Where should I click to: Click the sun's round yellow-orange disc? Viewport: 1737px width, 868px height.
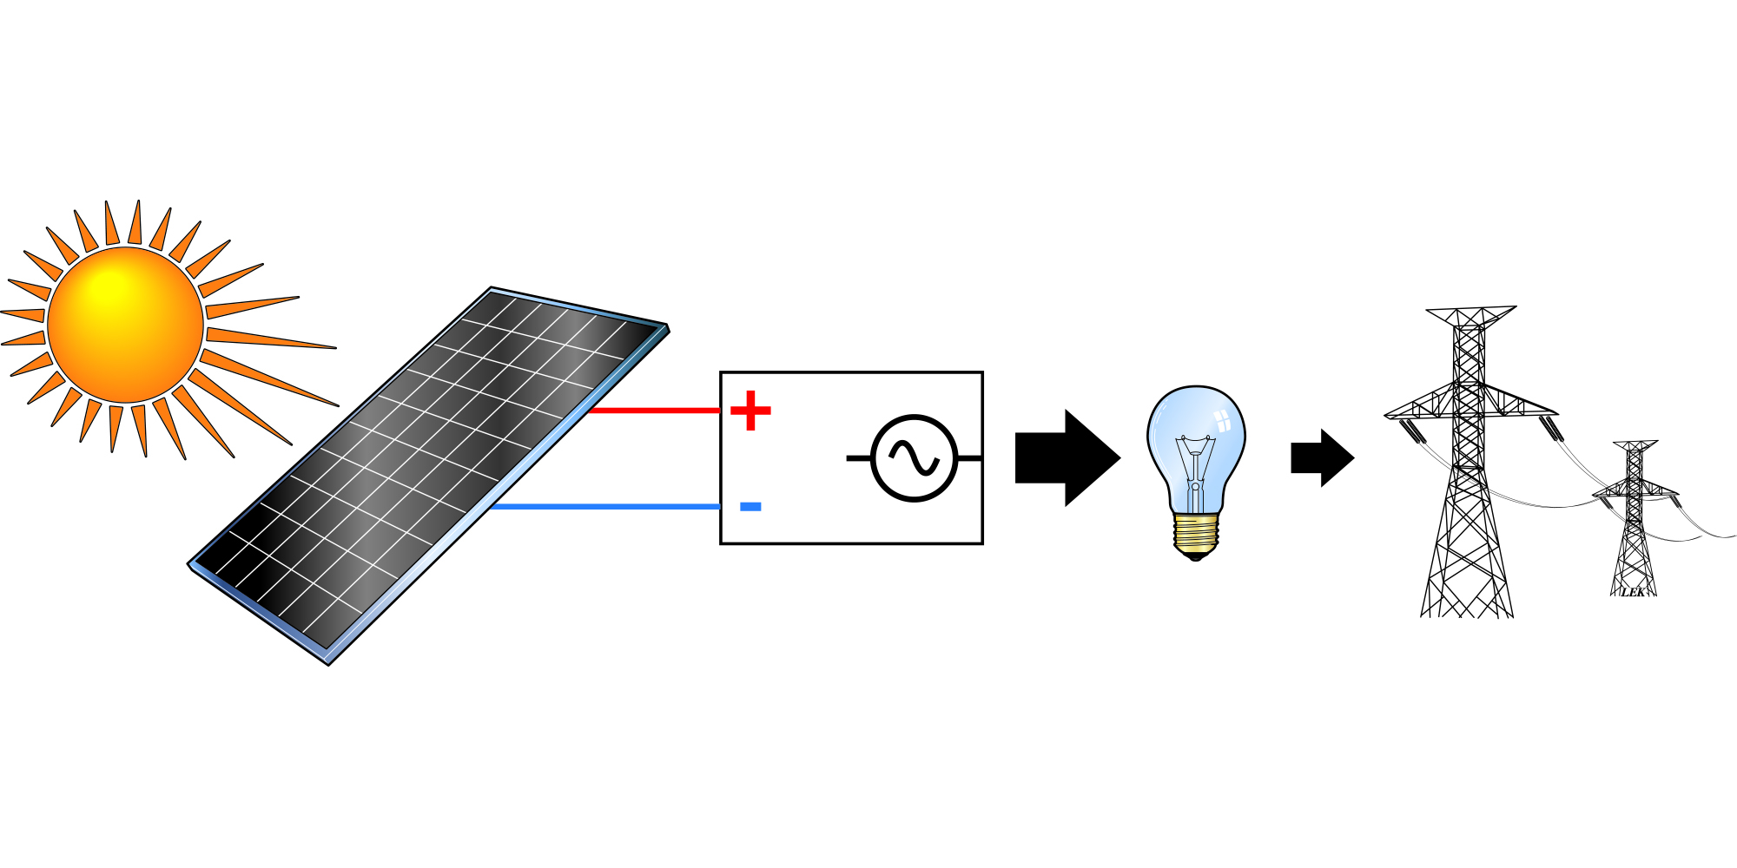coord(125,325)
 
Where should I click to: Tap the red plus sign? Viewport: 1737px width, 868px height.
coord(750,411)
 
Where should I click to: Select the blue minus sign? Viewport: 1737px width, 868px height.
coord(750,507)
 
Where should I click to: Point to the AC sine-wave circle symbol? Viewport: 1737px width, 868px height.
coord(914,457)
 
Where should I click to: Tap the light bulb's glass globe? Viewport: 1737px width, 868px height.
coord(1196,434)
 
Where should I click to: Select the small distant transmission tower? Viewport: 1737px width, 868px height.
coord(1634,521)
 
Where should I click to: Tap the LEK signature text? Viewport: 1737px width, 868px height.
coord(1633,592)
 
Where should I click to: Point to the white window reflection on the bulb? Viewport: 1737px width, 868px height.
coord(1222,423)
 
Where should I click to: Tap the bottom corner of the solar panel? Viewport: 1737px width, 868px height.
coord(328,663)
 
